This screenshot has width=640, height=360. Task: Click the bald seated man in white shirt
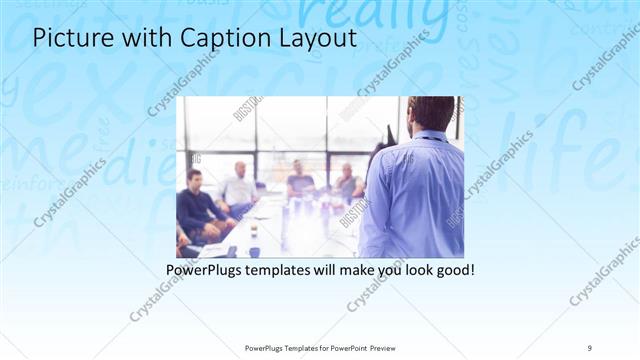pos(240,185)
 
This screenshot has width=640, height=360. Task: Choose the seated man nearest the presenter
pos(347,183)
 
